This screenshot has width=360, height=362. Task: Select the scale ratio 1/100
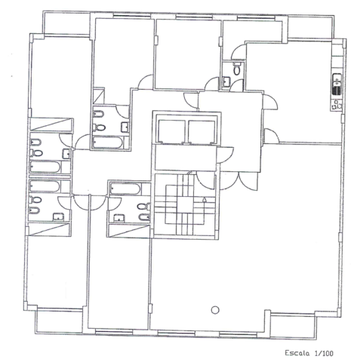tap(324, 353)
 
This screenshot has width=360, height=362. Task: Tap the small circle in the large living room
tap(215, 310)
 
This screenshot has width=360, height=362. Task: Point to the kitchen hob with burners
tap(337, 105)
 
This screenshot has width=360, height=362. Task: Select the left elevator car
tap(172, 132)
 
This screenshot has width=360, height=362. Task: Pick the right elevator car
tap(202, 132)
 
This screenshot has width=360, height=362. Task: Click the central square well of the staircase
tap(186, 204)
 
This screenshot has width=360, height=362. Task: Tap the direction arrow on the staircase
tap(205, 200)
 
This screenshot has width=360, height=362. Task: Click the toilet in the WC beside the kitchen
tap(237, 69)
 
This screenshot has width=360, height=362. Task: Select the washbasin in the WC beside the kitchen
tap(226, 81)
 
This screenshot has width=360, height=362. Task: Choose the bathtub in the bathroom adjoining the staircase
tap(125, 189)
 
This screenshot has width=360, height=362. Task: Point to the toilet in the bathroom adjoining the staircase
tap(143, 207)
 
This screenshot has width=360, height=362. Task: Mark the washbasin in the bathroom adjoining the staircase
tap(119, 218)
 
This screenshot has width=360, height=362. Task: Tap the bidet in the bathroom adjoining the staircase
tap(144, 217)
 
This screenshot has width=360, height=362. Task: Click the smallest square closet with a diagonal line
tap(98, 96)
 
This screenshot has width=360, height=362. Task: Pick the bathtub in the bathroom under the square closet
tap(107, 143)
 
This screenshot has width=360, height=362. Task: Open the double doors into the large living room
tap(238, 180)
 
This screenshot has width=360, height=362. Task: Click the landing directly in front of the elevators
tap(186, 158)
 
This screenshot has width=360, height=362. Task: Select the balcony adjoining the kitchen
tap(311, 28)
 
